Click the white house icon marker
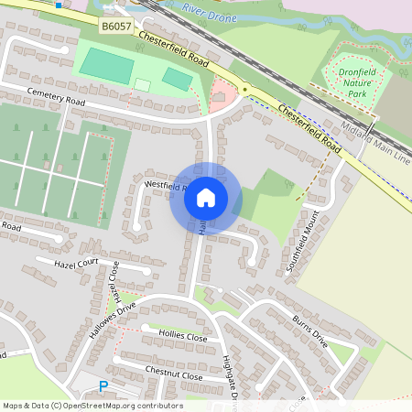tap(206, 197)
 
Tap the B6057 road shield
tap(116, 27)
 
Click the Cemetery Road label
tap(57, 96)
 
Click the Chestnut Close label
tap(173, 372)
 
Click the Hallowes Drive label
tap(112, 320)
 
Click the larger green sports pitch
tap(106, 66)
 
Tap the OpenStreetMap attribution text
tap(92, 406)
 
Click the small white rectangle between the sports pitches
tap(142, 85)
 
